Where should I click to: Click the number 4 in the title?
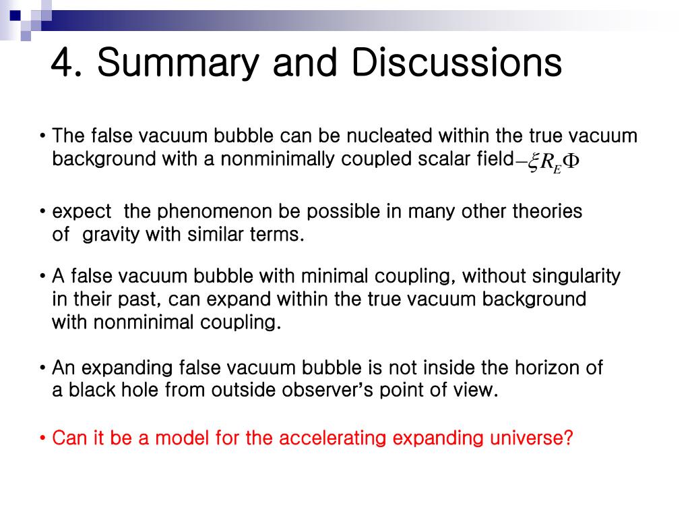coord(62,63)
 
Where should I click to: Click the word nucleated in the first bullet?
coord(390,136)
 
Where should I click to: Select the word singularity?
coord(576,277)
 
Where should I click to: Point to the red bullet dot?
coord(42,439)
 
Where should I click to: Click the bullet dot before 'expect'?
coord(42,212)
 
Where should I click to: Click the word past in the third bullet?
coord(135,299)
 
